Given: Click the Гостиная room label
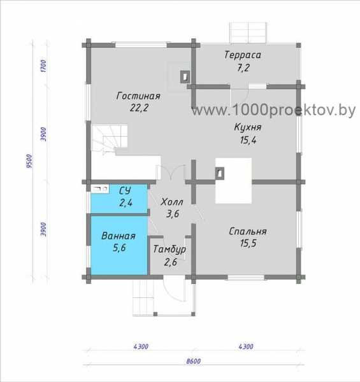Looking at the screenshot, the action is (138, 95).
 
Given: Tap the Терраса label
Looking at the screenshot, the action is (243, 55).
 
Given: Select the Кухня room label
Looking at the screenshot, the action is (248, 127).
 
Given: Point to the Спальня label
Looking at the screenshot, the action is (248, 231).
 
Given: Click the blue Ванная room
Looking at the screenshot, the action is (119, 245).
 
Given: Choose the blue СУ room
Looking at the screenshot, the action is (119, 199).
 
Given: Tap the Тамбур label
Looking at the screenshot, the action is (169, 250).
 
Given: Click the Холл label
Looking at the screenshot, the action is (172, 202).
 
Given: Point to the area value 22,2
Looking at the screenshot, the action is (139, 108).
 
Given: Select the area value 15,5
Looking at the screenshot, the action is (248, 243).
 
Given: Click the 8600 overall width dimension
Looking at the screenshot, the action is (194, 361).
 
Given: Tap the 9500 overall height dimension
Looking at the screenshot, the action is (29, 161).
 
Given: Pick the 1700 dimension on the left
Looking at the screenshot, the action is (43, 66).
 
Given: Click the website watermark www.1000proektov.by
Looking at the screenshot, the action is (273, 110).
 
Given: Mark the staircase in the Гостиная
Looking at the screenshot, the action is (109, 139).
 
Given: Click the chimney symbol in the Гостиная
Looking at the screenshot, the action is (185, 77).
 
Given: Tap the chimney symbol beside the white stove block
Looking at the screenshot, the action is (220, 173).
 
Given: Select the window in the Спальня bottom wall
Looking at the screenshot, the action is (246, 278).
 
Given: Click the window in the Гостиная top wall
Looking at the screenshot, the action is (141, 45).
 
